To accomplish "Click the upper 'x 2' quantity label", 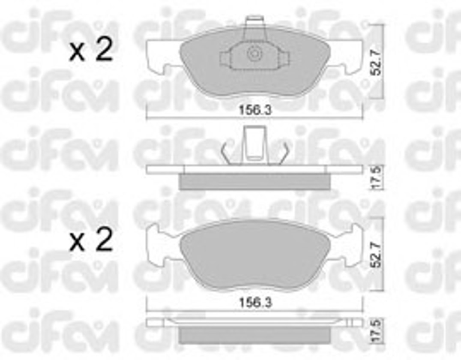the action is [x=91, y=50].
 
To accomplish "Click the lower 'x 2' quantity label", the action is [x=91, y=240].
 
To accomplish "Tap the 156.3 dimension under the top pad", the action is [x=255, y=110].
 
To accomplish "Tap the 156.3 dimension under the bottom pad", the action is [x=255, y=302].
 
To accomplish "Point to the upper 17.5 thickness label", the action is [x=376, y=177].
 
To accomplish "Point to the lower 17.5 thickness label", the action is [x=376, y=331].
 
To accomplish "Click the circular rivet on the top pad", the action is [x=254, y=54].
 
